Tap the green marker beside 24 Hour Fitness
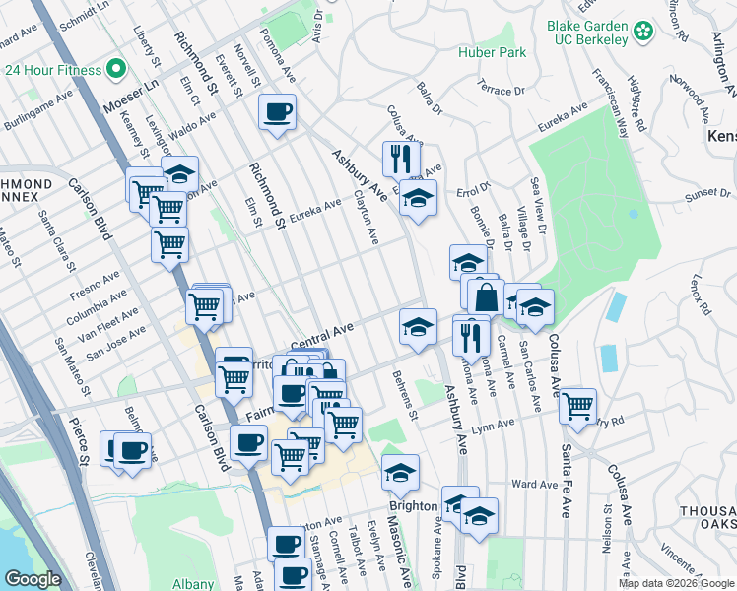[x=114, y=70]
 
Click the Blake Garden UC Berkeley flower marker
[x=643, y=33]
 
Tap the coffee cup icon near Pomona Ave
[x=278, y=111]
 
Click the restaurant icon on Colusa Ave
[x=401, y=159]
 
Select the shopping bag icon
[x=487, y=295]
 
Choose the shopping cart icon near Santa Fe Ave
[x=577, y=404]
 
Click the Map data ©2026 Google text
[x=676, y=583]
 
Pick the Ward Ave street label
[x=536, y=485]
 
